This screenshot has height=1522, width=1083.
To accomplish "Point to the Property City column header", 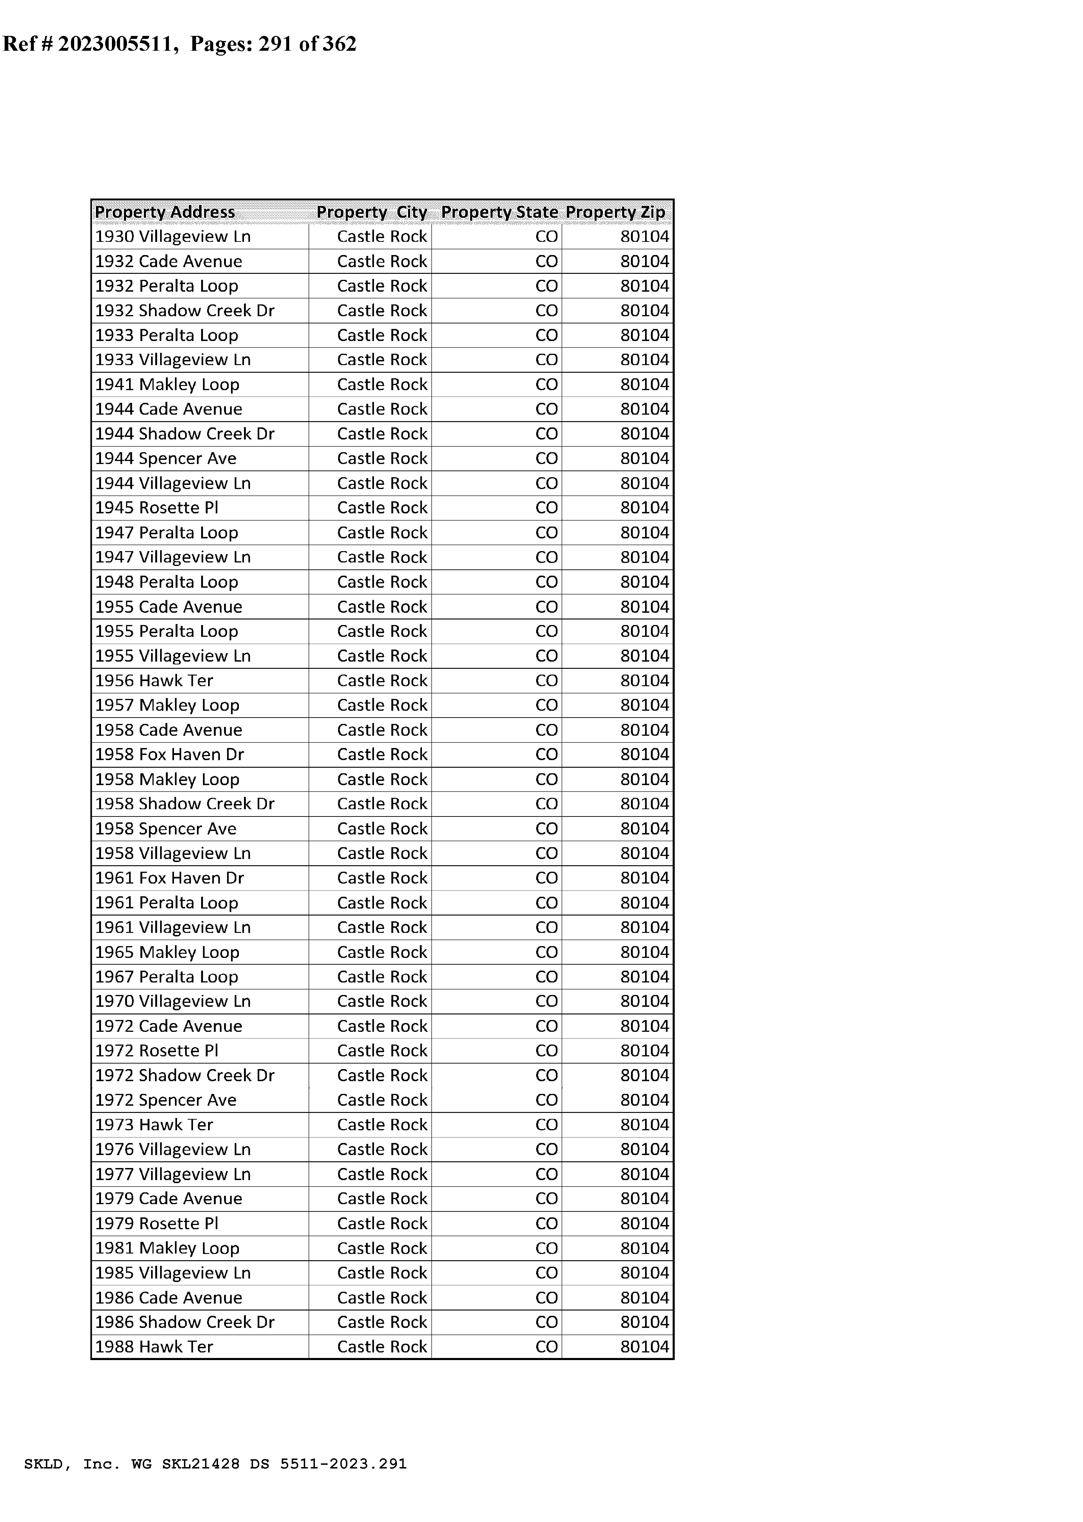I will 371,212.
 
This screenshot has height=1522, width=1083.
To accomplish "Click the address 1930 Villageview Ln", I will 173,237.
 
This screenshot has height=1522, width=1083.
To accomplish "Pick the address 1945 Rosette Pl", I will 157,508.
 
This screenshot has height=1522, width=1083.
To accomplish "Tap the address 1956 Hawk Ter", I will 154,681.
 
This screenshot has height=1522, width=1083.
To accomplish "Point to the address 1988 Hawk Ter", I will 154,1347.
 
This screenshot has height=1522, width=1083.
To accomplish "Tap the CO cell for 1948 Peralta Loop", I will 546,582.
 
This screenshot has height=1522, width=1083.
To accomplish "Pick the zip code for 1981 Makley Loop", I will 644,1248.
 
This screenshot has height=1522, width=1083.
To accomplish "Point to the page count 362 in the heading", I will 339,44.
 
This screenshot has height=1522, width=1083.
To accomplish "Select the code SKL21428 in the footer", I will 200,1464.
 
